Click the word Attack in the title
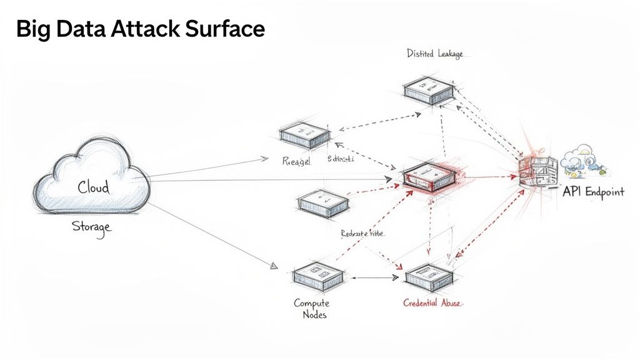click(x=142, y=29)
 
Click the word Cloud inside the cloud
click(x=93, y=187)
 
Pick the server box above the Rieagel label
click(x=304, y=133)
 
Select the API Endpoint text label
click(x=592, y=192)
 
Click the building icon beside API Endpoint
click(x=538, y=169)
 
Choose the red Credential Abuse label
click(x=432, y=303)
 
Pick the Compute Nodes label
click(x=311, y=309)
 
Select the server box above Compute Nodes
click(x=318, y=275)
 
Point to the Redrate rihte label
click(x=362, y=233)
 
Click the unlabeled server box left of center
click(x=322, y=203)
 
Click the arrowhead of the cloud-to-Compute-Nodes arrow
click(x=273, y=266)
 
